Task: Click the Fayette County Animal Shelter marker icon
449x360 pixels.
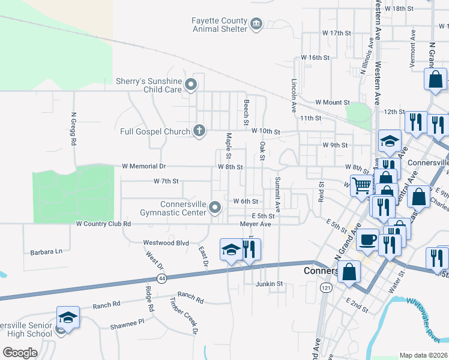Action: point(257,24)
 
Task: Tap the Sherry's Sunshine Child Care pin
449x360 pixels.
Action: point(191,85)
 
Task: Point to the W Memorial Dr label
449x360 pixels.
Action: point(143,166)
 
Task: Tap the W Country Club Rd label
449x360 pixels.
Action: point(103,224)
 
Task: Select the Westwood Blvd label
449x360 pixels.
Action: point(166,243)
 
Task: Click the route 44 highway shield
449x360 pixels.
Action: point(162,278)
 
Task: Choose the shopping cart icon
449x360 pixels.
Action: point(361,185)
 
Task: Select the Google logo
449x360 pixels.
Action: point(20,352)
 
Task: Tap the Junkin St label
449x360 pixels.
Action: point(269,284)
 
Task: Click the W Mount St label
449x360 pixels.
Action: point(333,103)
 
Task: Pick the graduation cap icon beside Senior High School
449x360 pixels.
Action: point(68,316)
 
